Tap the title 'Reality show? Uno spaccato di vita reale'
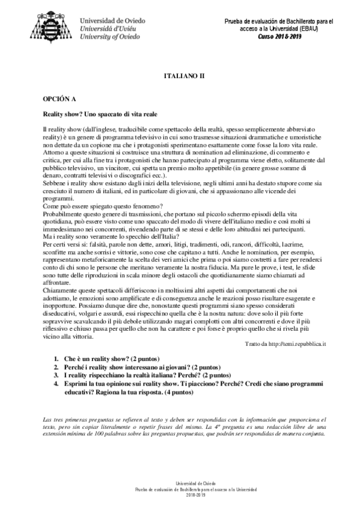pos(107,114)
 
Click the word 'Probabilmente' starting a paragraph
pos(61,214)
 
